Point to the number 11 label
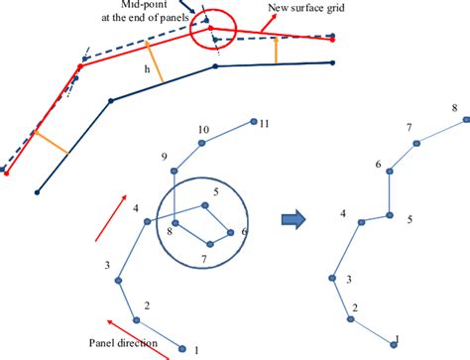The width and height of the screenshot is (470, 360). pyautogui.click(x=265, y=124)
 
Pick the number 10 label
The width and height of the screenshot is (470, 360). pyautogui.click(x=203, y=130)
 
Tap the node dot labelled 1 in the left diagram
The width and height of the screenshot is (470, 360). pyautogui.click(x=181, y=347)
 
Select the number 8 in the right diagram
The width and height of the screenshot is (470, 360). pyautogui.click(x=454, y=107)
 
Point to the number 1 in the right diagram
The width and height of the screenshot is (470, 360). pyautogui.click(x=397, y=338)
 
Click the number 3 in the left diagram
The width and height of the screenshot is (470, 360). pyautogui.click(x=106, y=265)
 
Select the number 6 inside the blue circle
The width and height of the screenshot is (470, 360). pyautogui.click(x=244, y=230)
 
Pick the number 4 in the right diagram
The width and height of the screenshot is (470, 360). pyautogui.click(x=343, y=213)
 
